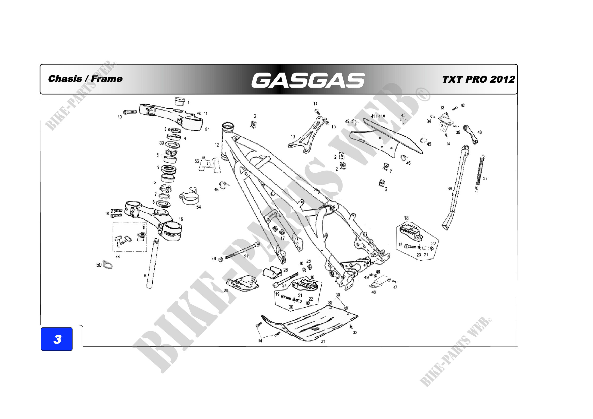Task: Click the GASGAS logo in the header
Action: click(308, 80)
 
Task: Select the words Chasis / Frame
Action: click(85, 79)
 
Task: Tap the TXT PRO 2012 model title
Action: click(478, 79)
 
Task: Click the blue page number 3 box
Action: click(57, 339)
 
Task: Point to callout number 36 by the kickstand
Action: click(450, 189)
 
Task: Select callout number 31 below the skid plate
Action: click(323, 341)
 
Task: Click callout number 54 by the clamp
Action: click(199, 207)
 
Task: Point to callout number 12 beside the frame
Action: click(217, 145)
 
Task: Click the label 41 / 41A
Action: click(378, 116)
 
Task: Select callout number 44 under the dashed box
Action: click(118, 256)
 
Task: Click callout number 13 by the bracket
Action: click(293, 137)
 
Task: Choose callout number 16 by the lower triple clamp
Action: click(181, 219)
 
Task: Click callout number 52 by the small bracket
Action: click(197, 161)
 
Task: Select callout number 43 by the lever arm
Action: click(480, 132)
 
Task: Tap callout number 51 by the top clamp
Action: click(207, 129)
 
